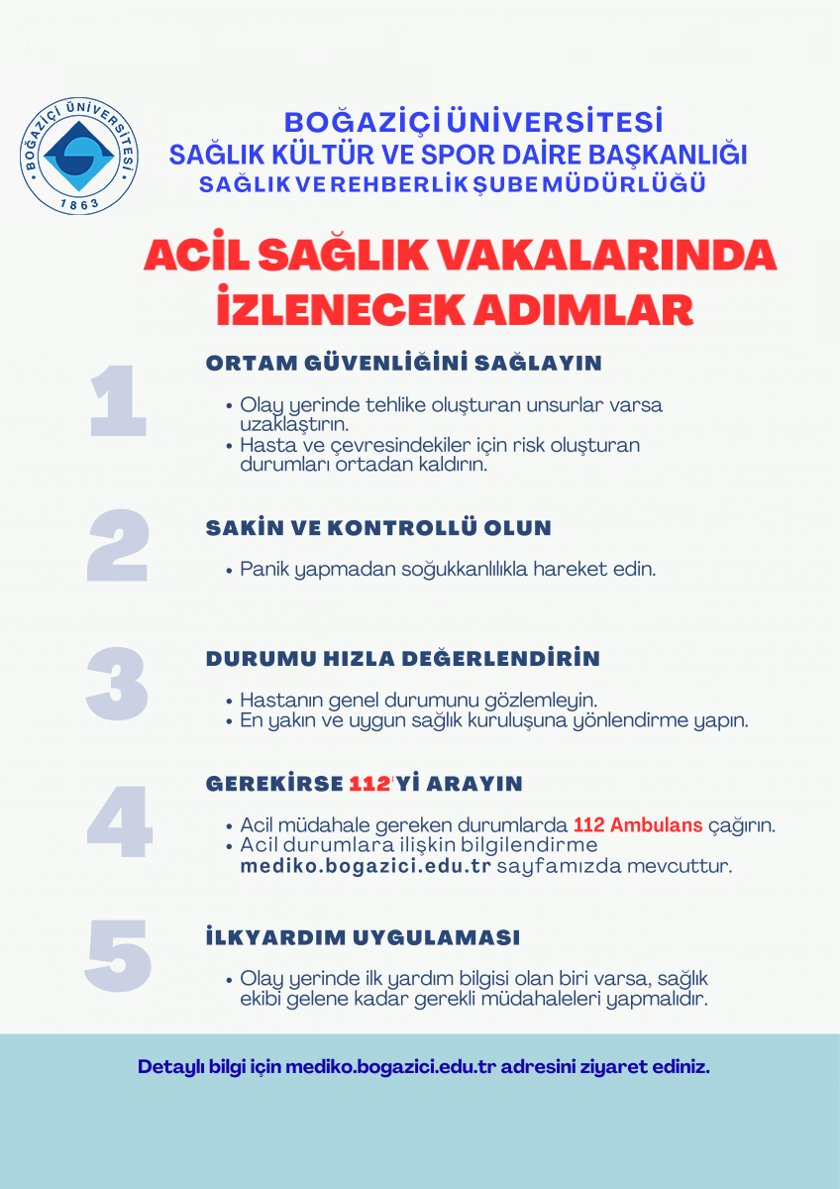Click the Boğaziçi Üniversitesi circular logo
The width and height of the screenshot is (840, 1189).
pyautogui.click(x=79, y=156)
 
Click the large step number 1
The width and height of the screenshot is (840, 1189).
pyautogui.click(x=118, y=403)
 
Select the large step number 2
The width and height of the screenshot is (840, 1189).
pyautogui.click(x=118, y=547)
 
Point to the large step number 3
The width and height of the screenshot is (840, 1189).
pyautogui.click(x=117, y=684)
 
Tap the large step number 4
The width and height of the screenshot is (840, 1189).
pyautogui.click(x=119, y=822)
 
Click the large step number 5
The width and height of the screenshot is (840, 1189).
pyautogui.click(x=118, y=956)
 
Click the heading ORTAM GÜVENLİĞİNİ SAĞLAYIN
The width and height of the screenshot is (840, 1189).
pyautogui.click(x=403, y=364)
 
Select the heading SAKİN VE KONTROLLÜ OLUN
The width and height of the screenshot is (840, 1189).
pyautogui.click(x=378, y=528)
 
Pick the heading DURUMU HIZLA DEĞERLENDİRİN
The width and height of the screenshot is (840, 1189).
pyautogui.click(x=402, y=659)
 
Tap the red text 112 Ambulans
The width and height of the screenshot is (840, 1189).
pyautogui.click(x=637, y=825)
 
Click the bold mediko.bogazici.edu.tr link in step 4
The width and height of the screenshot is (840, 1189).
pyautogui.click(x=366, y=866)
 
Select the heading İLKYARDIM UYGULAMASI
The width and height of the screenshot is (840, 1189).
pyautogui.click(x=363, y=937)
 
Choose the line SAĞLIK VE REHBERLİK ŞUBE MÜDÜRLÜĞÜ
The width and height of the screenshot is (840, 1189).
pyautogui.click(x=453, y=184)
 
